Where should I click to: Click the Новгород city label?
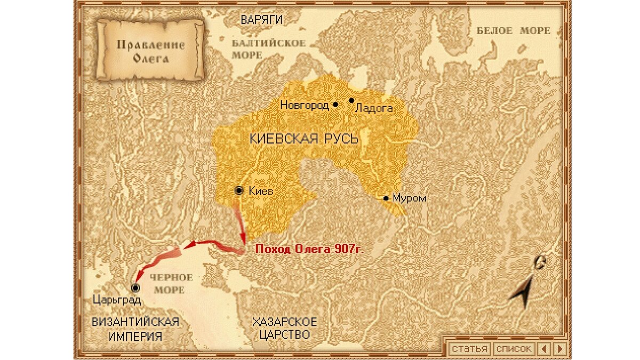click(304, 106)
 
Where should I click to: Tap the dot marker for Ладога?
click(351, 100)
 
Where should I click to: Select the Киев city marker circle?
click(239, 190)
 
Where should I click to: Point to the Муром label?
click(409, 198)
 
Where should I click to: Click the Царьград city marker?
click(135, 288)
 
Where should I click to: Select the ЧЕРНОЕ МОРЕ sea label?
click(170, 284)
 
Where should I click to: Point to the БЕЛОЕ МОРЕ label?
click(513, 31)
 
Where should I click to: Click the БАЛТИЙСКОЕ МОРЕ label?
click(268, 49)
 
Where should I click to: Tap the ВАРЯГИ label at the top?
click(261, 20)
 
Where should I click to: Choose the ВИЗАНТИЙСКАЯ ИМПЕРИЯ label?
click(135, 329)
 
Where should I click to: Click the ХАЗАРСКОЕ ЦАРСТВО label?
click(284, 328)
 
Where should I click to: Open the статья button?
click(469, 349)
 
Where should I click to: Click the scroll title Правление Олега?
click(150, 51)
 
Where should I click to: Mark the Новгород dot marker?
click(335, 105)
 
